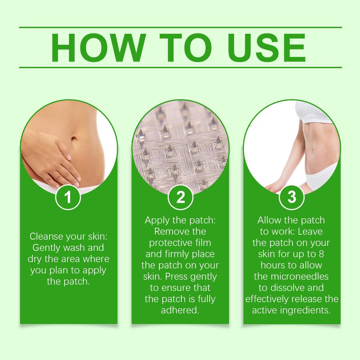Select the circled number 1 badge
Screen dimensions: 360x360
(68, 198)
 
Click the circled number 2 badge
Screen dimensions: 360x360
(180, 198)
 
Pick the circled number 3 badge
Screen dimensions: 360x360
(292, 198)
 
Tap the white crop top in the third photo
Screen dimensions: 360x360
(313, 112)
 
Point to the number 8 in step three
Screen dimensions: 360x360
(321, 254)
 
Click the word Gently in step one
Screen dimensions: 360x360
(46, 248)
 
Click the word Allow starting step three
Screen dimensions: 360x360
(270, 220)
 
